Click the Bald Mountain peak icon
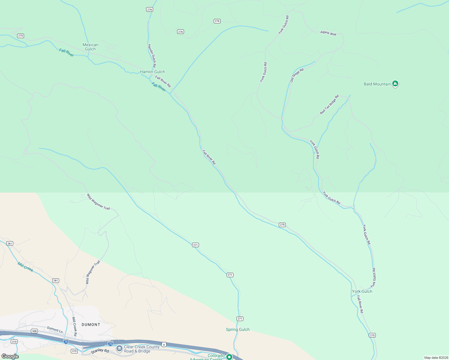point(395,84)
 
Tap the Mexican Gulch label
point(90,47)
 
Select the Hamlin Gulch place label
point(152,72)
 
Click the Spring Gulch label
point(238,329)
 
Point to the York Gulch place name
point(362,291)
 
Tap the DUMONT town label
point(91,325)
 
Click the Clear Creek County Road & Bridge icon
point(119,349)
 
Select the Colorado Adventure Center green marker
point(229,357)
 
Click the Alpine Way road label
point(328,33)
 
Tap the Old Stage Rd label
point(297,75)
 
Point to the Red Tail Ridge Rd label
point(329,104)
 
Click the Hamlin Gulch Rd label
point(152,55)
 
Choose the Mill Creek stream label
point(25,267)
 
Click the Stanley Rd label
point(100,351)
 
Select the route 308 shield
point(34,331)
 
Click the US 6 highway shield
point(164,345)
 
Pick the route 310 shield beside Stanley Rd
point(74,351)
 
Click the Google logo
point(10,356)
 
